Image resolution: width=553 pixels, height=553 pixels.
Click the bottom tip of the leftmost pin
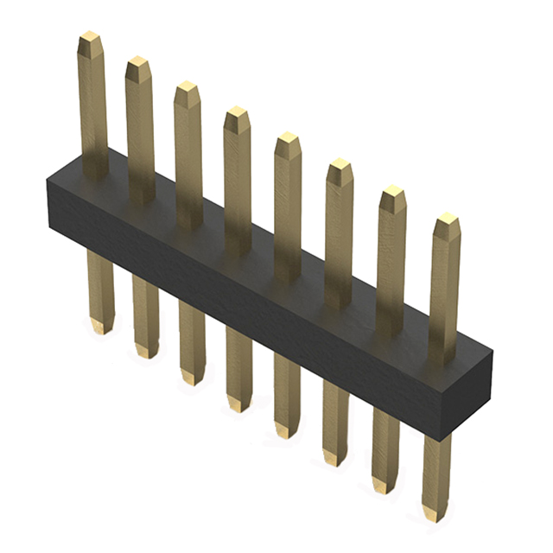(101, 328)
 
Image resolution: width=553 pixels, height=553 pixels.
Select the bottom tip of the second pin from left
(146, 353)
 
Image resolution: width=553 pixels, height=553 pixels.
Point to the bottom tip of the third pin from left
(192, 378)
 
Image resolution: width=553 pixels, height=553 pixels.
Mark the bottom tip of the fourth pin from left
(239, 405)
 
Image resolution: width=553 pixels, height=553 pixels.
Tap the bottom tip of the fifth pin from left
(287, 432)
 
